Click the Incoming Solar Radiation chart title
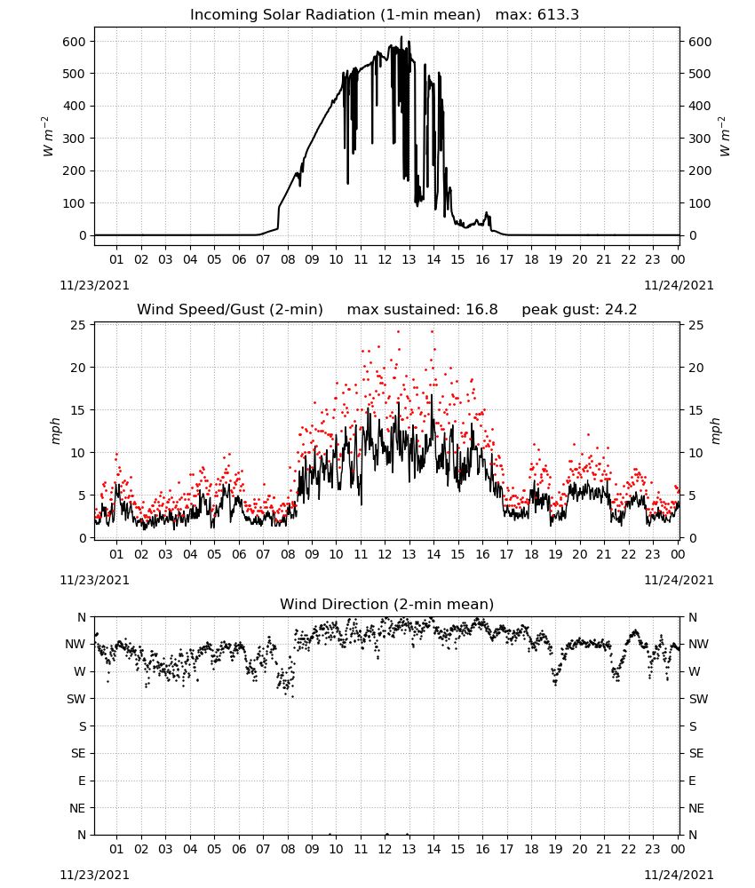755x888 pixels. click(x=335, y=15)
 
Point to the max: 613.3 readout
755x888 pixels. click(x=537, y=15)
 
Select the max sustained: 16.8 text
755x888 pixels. click(x=422, y=310)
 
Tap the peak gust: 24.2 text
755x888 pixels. click(x=579, y=310)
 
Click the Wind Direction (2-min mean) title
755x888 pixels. click(x=387, y=604)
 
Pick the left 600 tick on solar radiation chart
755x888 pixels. click(x=75, y=42)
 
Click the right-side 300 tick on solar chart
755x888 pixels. click(x=700, y=139)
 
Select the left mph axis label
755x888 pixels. click(x=55, y=431)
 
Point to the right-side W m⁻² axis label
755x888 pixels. click(x=725, y=137)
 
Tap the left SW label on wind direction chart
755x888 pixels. click(x=75, y=699)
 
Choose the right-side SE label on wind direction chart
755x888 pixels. click(x=696, y=753)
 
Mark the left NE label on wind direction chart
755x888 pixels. click(x=77, y=808)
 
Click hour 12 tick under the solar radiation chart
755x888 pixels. click(x=385, y=259)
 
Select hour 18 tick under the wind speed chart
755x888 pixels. click(x=531, y=554)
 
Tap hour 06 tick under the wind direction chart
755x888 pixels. click(x=239, y=849)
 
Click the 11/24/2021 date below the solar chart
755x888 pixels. click(x=679, y=285)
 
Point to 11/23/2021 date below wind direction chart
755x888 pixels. click(x=94, y=875)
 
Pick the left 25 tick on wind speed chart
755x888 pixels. click(x=79, y=325)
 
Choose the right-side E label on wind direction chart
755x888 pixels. click(x=692, y=781)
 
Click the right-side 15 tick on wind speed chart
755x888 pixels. click(x=695, y=410)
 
